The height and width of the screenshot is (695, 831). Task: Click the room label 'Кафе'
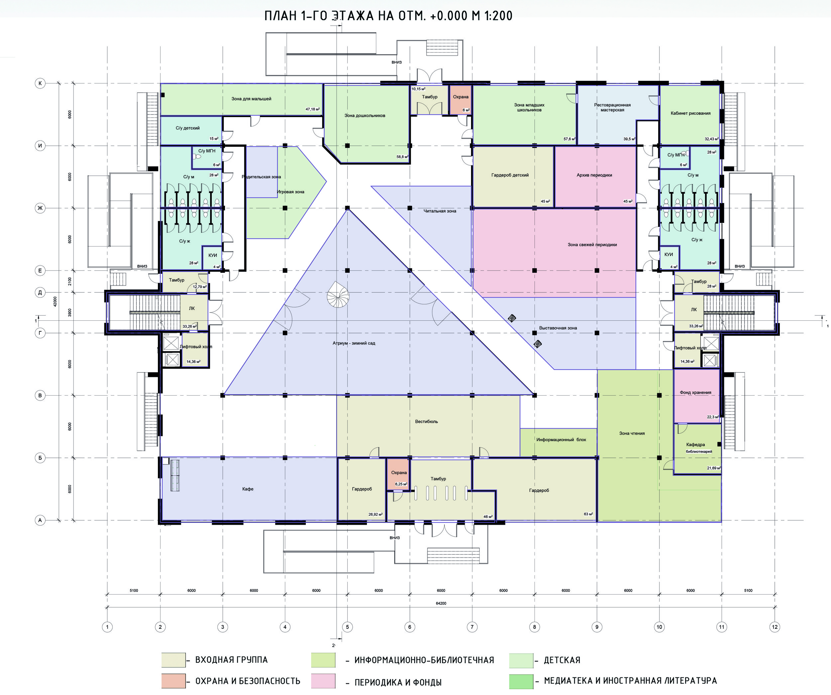point(248,489)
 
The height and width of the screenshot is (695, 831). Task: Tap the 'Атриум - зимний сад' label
point(354,343)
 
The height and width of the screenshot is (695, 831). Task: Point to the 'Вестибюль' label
point(426,421)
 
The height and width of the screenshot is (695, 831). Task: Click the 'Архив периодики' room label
point(594,175)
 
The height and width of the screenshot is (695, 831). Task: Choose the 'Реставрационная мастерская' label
point(612,107)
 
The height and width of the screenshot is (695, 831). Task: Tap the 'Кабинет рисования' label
point(690,113)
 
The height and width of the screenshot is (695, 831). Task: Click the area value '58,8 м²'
point(403,157)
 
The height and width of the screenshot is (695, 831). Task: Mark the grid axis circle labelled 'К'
point(40,83)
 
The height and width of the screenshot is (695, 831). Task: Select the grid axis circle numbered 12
point(775,627)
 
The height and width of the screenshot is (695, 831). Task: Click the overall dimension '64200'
point(441,603)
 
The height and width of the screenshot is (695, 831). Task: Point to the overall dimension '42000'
point(55,301)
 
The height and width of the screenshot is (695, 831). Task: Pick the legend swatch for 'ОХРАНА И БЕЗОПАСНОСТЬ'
point(173,681)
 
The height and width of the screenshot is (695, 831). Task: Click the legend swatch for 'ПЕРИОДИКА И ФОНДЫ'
point(323,681)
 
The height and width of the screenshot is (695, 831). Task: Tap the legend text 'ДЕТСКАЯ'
point(562,660)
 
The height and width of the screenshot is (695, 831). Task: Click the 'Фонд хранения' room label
point(696,393)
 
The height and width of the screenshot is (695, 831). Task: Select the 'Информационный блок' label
point(561,439)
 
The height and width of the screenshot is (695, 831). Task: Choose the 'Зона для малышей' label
point(251,98)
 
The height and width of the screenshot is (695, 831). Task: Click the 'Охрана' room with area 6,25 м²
point(399,474)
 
